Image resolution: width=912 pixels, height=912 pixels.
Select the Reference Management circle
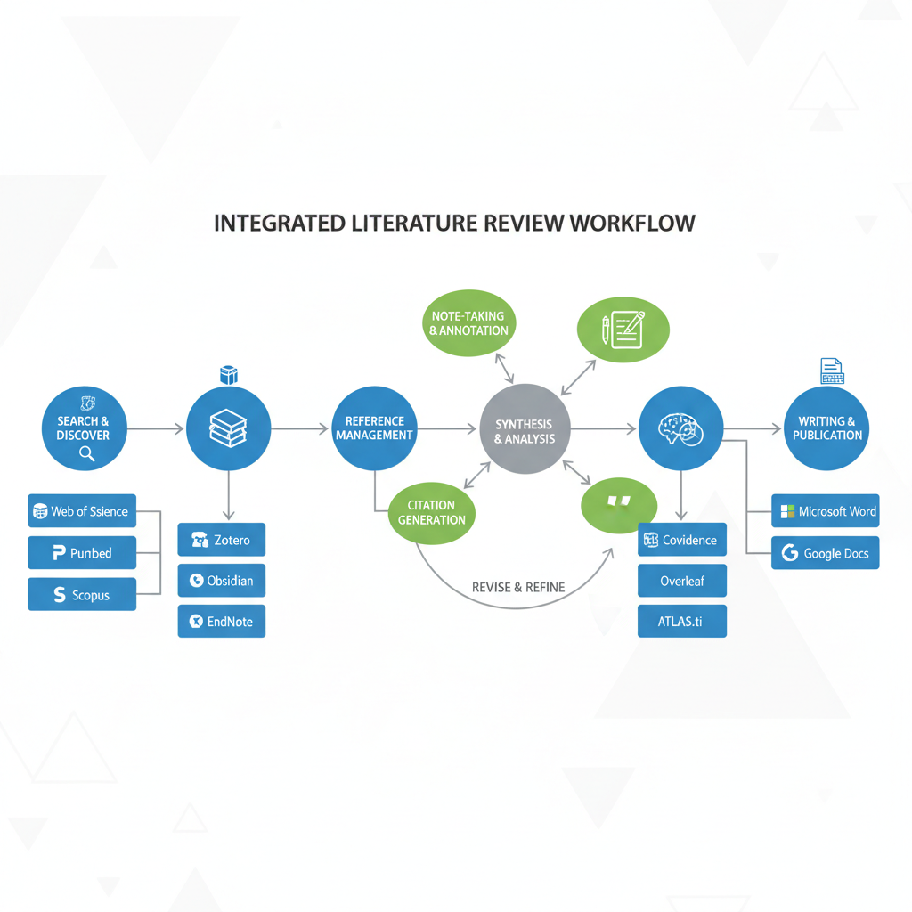click(374, 428)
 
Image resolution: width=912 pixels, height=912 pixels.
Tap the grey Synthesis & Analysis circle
click(525, 430)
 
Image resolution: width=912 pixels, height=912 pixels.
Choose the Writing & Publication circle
click(827, 428)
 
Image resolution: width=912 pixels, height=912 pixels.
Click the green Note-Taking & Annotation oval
click(468, 323)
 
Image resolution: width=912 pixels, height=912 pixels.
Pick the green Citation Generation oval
click(432, 512)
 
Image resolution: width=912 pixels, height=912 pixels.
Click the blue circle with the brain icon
click(680, 428)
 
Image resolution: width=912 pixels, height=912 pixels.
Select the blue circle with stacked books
click(229, 428)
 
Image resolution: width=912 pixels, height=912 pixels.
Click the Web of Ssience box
click(82, 511)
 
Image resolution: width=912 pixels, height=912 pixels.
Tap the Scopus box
click(82, 594)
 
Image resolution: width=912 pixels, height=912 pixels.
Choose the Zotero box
click(222, 540)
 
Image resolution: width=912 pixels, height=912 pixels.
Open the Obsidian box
click(222, 581)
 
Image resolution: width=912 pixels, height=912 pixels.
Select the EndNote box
click(222, 622)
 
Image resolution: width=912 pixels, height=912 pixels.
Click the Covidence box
click(682, 540)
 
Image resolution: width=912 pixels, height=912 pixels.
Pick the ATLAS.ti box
click(682, 622)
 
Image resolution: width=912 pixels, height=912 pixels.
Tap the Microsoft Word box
click(826, 511)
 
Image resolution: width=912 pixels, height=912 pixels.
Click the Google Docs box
click(826, 553)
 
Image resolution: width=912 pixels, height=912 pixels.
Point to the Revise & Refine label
click(517, 588)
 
